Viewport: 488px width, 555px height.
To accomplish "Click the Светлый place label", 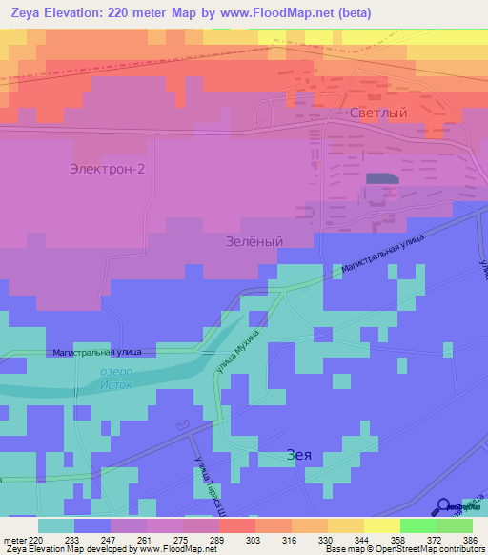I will coord(379,113).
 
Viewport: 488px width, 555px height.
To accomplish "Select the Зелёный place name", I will coord(254,242).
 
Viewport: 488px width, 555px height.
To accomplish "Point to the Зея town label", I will coord(299,456).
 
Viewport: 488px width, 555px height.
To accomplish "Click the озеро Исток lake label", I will coord(115,379).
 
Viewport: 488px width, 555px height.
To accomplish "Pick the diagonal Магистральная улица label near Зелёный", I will coord(382,257).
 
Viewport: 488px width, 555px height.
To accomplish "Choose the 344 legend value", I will coord(353,540).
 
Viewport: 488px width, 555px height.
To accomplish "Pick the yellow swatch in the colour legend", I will coord(381,525).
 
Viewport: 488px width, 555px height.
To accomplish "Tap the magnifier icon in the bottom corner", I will coord(445,507).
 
